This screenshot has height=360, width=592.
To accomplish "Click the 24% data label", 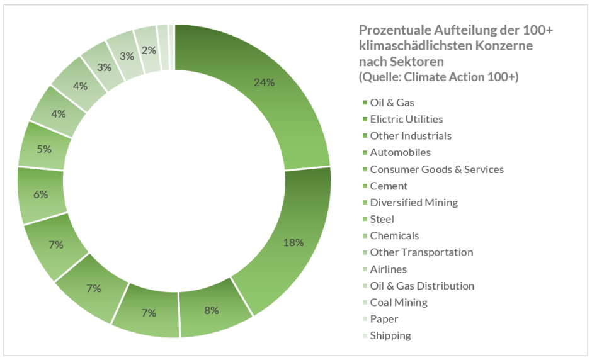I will (x=264, y=82).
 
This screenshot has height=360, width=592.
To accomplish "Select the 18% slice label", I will (x=293, y=242).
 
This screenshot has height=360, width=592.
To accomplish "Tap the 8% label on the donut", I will (x=211, y=310).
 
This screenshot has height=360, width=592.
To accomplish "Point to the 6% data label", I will (x=41, y=194).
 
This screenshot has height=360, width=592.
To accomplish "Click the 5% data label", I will (x=44, y=149).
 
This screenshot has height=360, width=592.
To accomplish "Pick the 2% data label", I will (x=150, y=51).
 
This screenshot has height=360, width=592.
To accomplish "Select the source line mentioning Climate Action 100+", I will (x=438, y=77).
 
